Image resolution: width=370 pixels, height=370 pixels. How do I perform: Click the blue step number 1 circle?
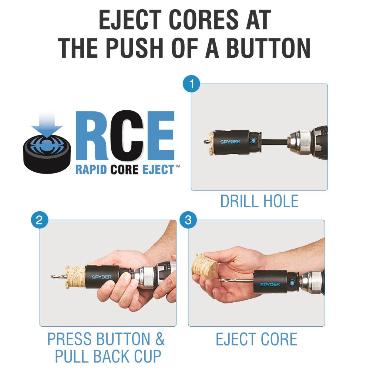tap(191, 84)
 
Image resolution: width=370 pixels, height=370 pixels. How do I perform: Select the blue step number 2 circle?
tap(40, 220)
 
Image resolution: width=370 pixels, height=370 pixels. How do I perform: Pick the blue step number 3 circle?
tap(188, 220)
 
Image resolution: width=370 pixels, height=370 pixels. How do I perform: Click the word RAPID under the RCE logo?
tap(91, 170)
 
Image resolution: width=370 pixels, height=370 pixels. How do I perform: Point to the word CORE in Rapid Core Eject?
tap(124, 170)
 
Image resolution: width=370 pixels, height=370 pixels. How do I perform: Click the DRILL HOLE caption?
tap(259, 201)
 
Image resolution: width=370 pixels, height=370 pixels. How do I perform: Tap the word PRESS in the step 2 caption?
tap(70, 339)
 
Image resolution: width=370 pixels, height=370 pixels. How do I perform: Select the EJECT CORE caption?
tap(256, 339)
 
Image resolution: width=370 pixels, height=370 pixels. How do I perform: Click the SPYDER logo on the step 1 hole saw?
tap(230, 142)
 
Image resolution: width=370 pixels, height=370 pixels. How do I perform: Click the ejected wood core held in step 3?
tap(205, 265)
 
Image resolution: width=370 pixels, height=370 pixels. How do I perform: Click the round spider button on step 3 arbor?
tap(292, 283)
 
